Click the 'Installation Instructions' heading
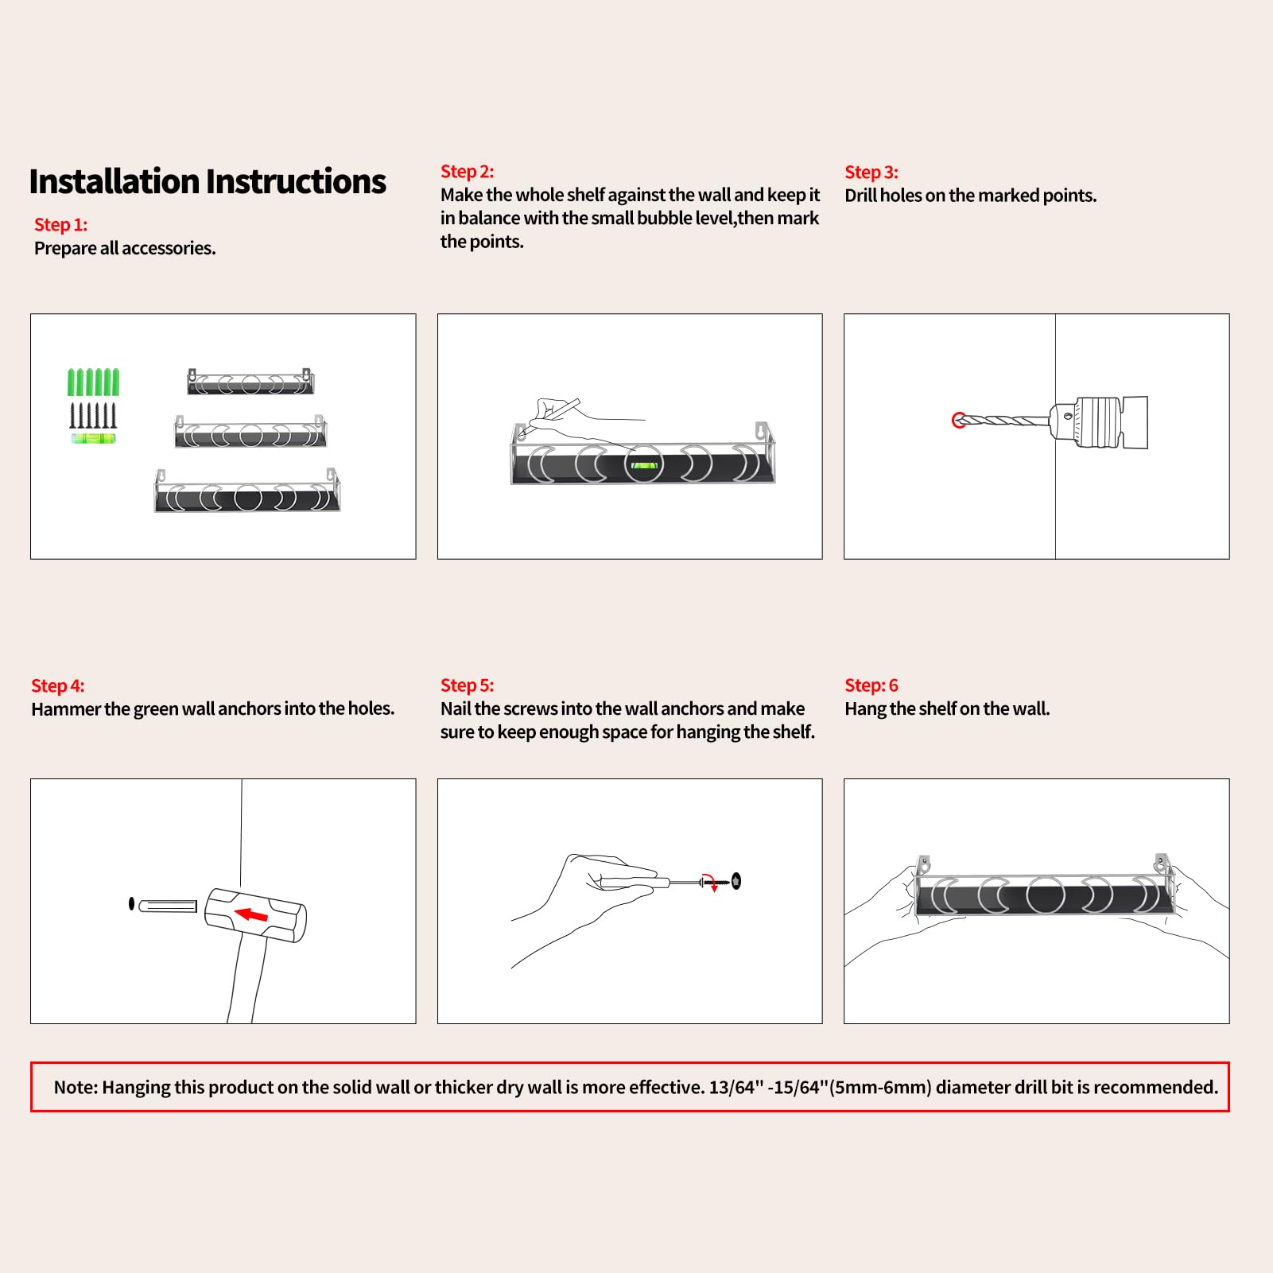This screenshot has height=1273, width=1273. [208, 182]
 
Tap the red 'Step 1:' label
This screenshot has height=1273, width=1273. [60, 225]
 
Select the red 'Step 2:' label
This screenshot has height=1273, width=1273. [467, 172]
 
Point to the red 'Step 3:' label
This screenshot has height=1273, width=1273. [871, 173]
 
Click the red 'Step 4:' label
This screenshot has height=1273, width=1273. [57, 685]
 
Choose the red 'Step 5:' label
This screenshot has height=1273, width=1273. [467, 685]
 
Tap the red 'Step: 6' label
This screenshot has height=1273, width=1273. [871, 685]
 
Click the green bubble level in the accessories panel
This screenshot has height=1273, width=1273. [93, 438]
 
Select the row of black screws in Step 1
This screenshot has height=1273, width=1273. [93, 415]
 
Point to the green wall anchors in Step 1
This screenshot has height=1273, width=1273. [93, 382]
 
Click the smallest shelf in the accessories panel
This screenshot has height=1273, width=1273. [250, 382]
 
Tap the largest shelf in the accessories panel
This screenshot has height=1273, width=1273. [247, 492]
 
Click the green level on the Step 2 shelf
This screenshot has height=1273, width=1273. [643, 465]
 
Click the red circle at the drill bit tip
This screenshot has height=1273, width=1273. [959, 420]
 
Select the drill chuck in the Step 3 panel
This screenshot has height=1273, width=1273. [1085, 421]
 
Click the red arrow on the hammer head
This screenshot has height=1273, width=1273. [252, 915]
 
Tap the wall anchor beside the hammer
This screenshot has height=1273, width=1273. [168, 906]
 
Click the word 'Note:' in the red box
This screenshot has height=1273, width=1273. [76, 1087]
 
